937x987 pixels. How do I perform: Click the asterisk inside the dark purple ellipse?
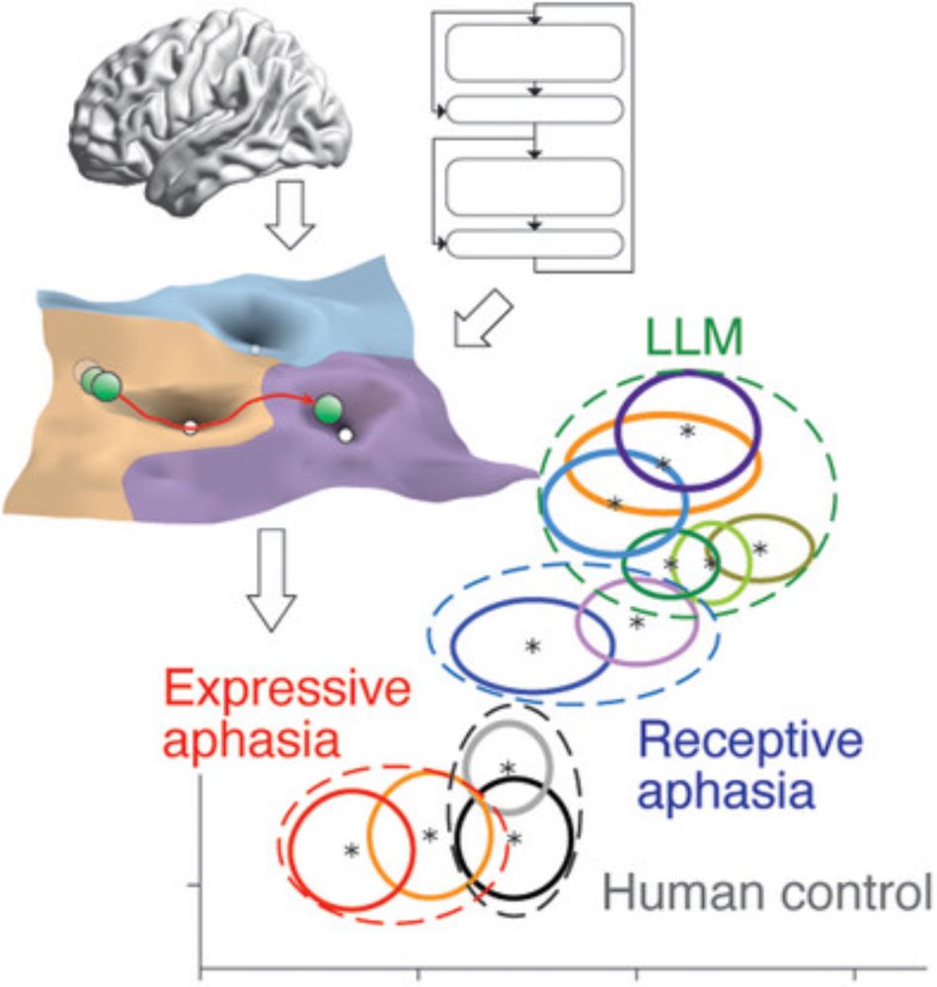pos(687,431)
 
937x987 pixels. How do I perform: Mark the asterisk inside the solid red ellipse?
pos(351,851)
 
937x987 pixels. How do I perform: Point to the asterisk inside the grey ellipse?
pos(508,769)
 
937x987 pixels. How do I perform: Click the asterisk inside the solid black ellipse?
pos(513,839)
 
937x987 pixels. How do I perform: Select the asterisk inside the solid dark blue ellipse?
pos(533,646)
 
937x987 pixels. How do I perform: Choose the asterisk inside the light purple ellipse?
pos(637,623)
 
